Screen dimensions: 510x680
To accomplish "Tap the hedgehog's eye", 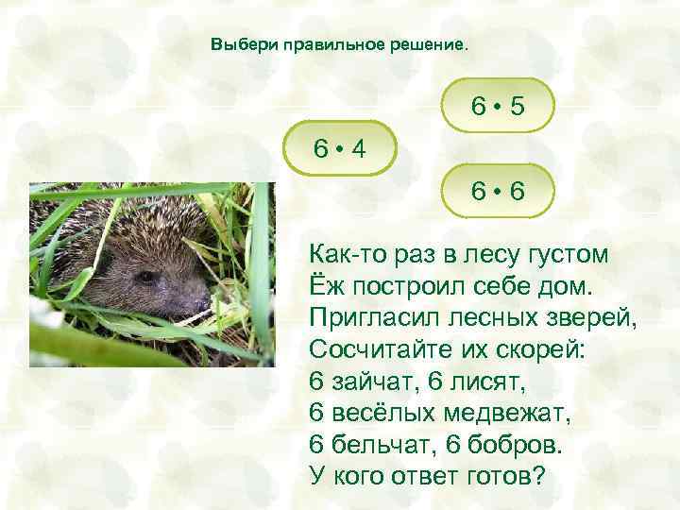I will point(145,277).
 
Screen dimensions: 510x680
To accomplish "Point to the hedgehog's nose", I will point(202,305).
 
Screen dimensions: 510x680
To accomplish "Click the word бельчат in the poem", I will point(377,443).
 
